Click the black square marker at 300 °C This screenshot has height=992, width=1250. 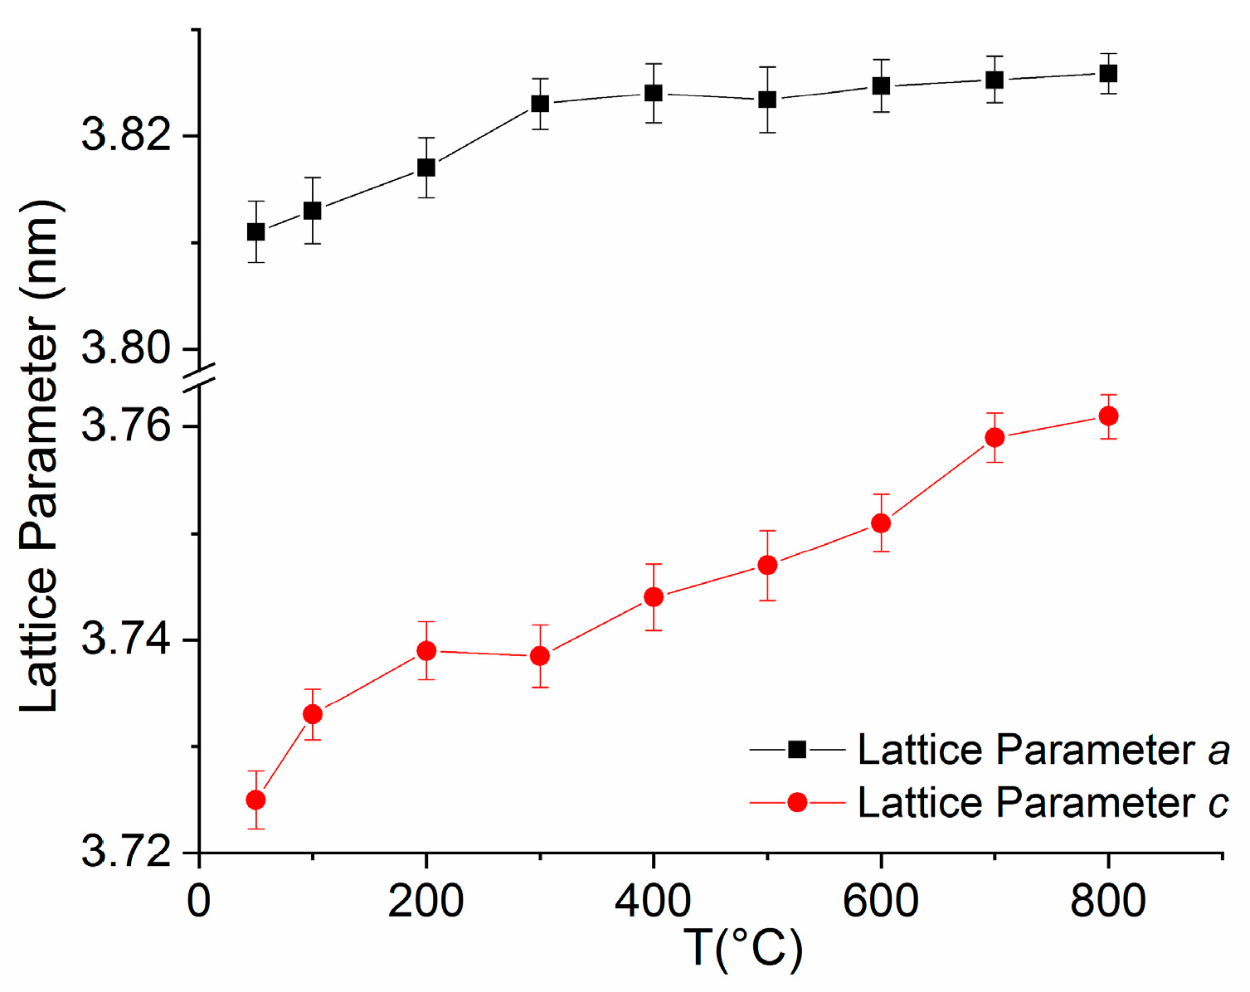(540, 104)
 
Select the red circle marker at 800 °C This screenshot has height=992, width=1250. (1108, 416)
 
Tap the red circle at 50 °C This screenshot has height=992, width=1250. (255, 800)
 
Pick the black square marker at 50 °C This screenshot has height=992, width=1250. (255, 231)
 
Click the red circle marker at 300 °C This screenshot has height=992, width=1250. (540, 656)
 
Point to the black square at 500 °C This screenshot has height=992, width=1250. (767, 100)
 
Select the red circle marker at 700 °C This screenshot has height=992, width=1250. (995, 437)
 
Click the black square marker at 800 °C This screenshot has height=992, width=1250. (1108, 73)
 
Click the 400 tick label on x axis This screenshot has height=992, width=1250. (653, 901)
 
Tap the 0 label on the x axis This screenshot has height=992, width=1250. (199, 901)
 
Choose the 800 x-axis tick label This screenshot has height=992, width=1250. (1108, 901)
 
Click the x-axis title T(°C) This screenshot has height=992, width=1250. (743, 949)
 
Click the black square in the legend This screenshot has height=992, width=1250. (797, 750)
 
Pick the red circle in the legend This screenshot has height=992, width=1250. (797, 802)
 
